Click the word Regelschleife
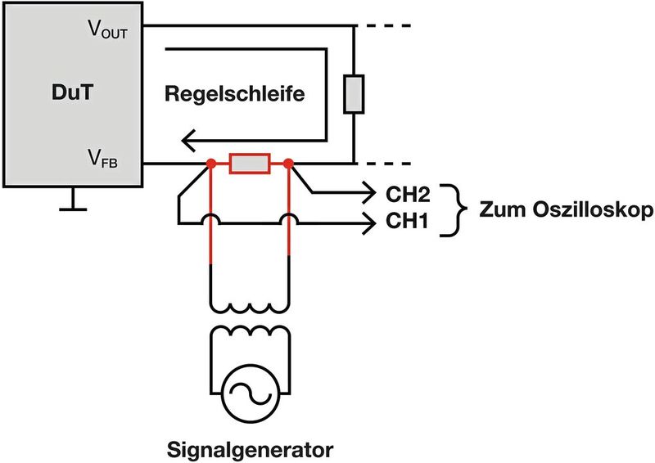click(235, 93)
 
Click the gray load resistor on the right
click(353, 93)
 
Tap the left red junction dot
click(211, 164)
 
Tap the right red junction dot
click(290, 164)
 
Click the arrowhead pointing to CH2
click(365, 195)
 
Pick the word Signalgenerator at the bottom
click(251, 449)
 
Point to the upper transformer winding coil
click(251, 304)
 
